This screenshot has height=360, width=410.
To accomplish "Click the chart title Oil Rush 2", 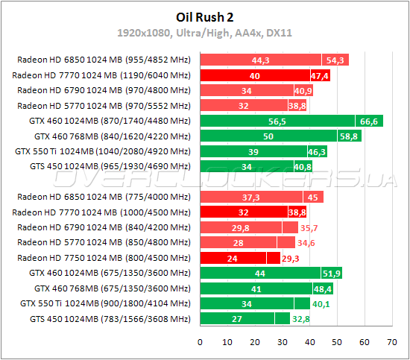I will (204, 17).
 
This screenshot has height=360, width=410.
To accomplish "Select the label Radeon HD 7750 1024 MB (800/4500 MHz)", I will (104, 258).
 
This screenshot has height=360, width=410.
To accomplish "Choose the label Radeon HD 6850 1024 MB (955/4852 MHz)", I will (104, 60).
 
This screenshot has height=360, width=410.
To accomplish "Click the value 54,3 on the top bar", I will (335, 60).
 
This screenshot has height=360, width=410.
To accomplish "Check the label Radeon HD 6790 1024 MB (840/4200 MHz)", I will (104, 227).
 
